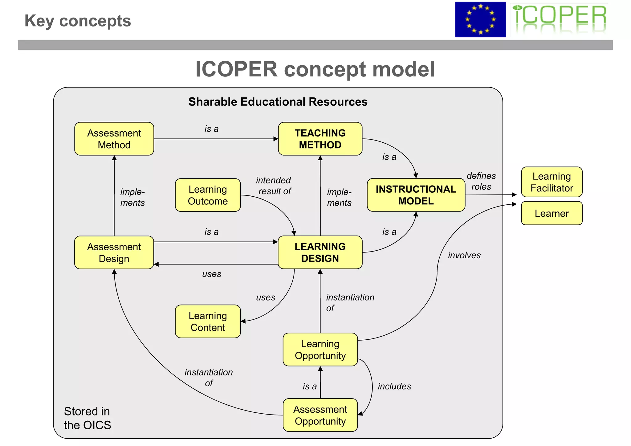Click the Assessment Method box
[x=114, y=139]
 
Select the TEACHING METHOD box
[x=320, y=139]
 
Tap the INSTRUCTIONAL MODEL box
[x=416, y=195]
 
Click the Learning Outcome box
[x=208, y=195]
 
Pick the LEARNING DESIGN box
[x=320, y=252]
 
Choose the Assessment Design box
[x=114, y=252]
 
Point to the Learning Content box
[x=208, y=321]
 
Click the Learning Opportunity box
[x=320, y=349]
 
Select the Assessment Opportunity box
[x=320, y=415]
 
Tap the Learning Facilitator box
[x=552, y=182]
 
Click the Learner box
[x=552, y=213]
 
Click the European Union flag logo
[x=480, y=19]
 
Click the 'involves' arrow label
[x=464, y=255]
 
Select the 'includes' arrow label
[x=394, y=386]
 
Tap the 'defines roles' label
[x=481, y=181]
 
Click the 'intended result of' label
[x=274, y=186]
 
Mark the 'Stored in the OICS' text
[x=87, y=418]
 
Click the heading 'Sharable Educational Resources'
[x=278, y=102]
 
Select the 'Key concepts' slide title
[x=78, y=21]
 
